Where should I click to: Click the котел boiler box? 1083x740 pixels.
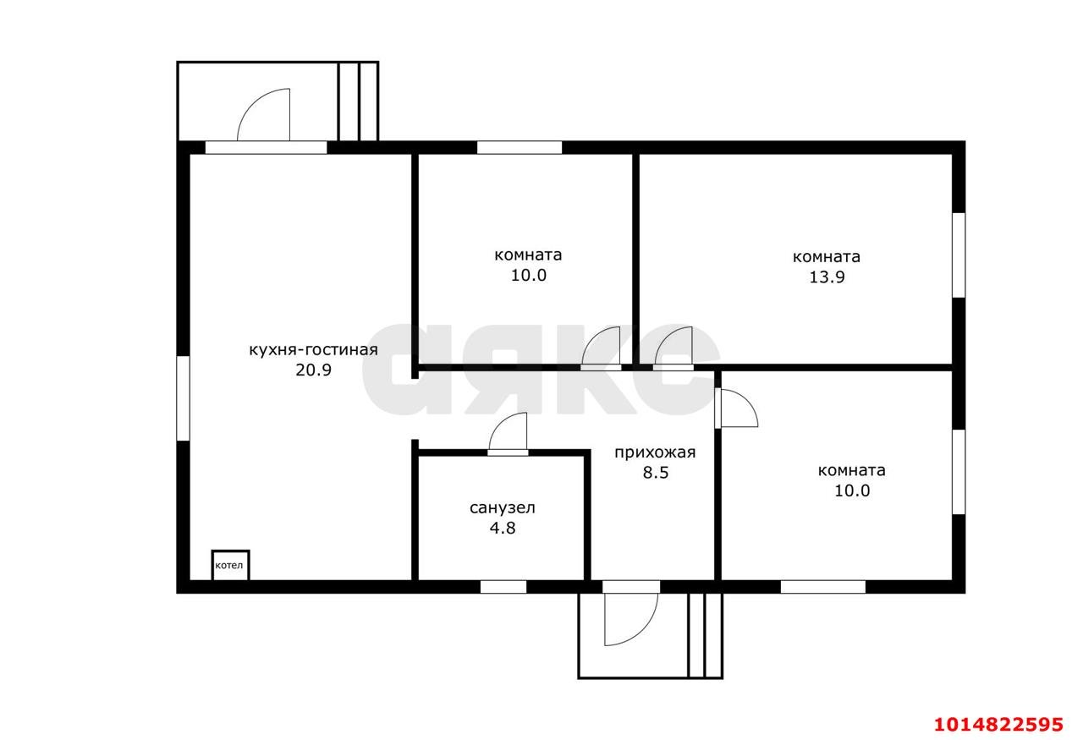(x=230, y=565)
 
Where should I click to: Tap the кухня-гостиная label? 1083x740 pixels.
(x=313, y=350)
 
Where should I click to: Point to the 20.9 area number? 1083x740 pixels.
(x=313, y=370)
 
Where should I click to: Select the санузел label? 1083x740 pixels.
(x=503, y=508)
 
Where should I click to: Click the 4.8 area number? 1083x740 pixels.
(x=503, y=529)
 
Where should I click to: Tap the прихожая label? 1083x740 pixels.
(x=655, y=453)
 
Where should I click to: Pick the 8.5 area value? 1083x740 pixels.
(x=656, y=473)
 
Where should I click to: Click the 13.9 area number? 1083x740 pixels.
(x=827, y=277)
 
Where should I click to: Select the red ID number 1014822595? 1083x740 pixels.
(x=999, y=725)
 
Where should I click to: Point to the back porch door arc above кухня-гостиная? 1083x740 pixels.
(x=253, y=102)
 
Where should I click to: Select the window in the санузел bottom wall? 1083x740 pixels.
(x=503, y=587)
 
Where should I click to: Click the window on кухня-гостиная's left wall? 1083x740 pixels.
(x=183, y=398)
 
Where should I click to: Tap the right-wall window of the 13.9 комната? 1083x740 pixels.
(x=959, y=255)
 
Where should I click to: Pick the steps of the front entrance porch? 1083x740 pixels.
(x=706, y=636)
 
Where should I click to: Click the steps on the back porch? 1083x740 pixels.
(x=358, y=101)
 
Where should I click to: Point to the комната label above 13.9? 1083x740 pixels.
(x=827, y=256)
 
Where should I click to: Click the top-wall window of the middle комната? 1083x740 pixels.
(x=520, y=147)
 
